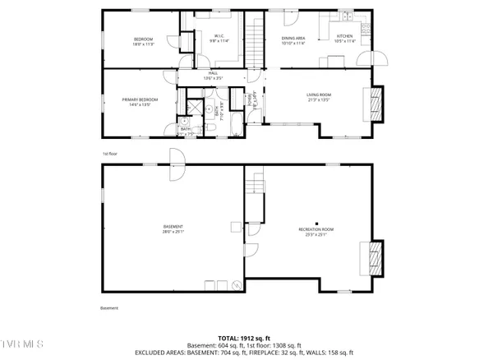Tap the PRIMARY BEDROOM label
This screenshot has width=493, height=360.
click(x=140, y=99)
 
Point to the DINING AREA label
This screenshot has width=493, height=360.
click(x=293, y=39)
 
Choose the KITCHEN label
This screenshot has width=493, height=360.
click(x=345, y=36)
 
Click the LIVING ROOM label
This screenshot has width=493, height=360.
click(x=318, y=95)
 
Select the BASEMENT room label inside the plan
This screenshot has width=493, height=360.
click(x=173, y=227)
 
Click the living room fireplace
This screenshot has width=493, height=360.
click(x=377, y=102)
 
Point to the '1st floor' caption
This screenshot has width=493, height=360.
click(x=110, y=154)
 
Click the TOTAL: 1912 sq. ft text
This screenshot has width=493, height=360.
click(x=246, y=338)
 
